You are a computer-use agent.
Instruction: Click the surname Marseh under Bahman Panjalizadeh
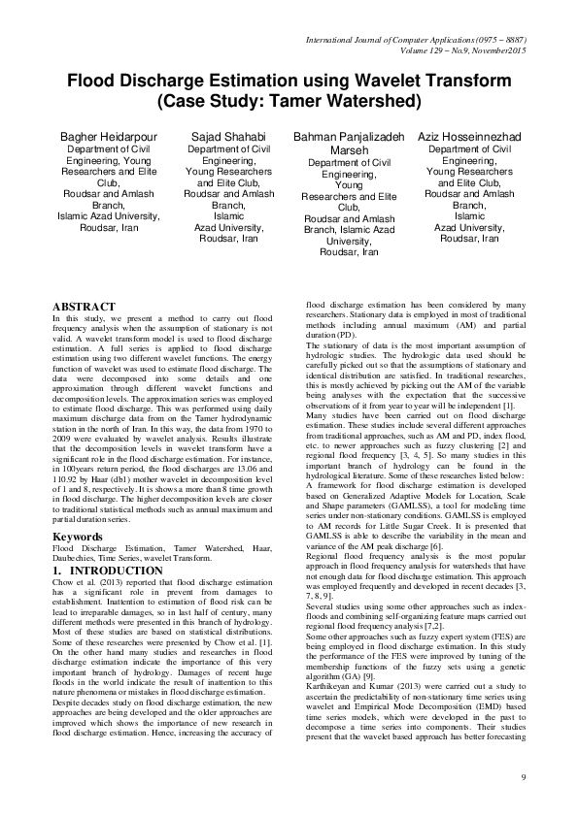tap(348, 150)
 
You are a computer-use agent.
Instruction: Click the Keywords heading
tap(78, 508)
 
